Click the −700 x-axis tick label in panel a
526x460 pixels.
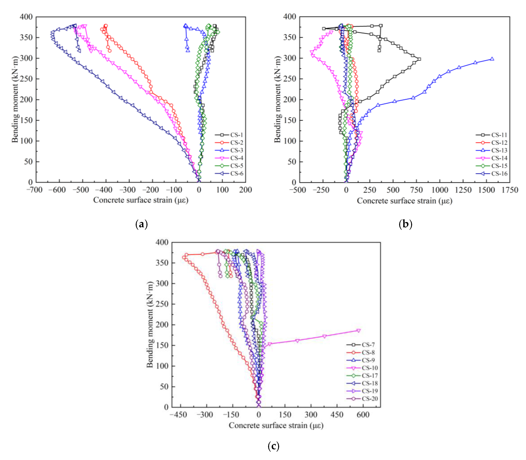pos(35,190)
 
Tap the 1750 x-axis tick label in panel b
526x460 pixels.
pos(510,190)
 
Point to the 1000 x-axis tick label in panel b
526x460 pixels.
pos(440,190)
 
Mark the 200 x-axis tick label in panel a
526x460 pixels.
pos(245,190)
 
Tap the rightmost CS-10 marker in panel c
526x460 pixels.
pos(359,331)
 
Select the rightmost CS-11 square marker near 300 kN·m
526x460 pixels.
pos(419,59)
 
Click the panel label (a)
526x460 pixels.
pos(141,224)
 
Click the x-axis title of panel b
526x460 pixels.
pos(404,201)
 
